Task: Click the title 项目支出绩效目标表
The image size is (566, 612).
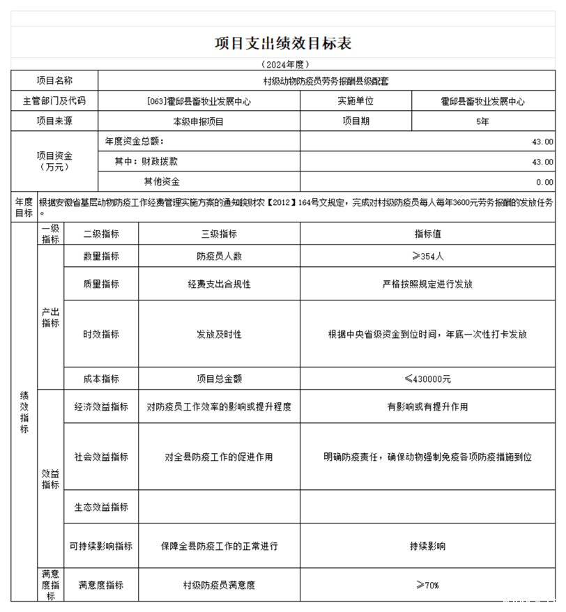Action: [283, 43]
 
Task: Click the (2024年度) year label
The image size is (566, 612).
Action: [283, 64]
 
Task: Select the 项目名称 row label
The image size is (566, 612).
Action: [54, 81]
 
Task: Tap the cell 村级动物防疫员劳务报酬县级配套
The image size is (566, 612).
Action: [326, 81]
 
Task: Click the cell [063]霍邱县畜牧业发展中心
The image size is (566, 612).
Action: [199, 101]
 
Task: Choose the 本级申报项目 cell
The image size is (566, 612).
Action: [199, 121]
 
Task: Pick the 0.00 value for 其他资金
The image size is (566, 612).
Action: [544, 182]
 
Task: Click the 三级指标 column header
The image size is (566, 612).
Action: [219, 234]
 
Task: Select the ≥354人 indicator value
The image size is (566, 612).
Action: [428, 256]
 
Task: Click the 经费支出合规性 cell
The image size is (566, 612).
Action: [219, 284]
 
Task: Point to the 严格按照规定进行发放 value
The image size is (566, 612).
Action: [428, 284]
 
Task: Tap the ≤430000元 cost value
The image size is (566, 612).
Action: [428, 379]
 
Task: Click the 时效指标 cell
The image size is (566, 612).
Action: [101, 335]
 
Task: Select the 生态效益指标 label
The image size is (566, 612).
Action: [101, 507]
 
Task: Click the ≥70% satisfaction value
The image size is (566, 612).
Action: [428, 585]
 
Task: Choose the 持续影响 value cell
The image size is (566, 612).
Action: [428, 546]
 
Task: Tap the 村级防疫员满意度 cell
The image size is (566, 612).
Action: [219, 585]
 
